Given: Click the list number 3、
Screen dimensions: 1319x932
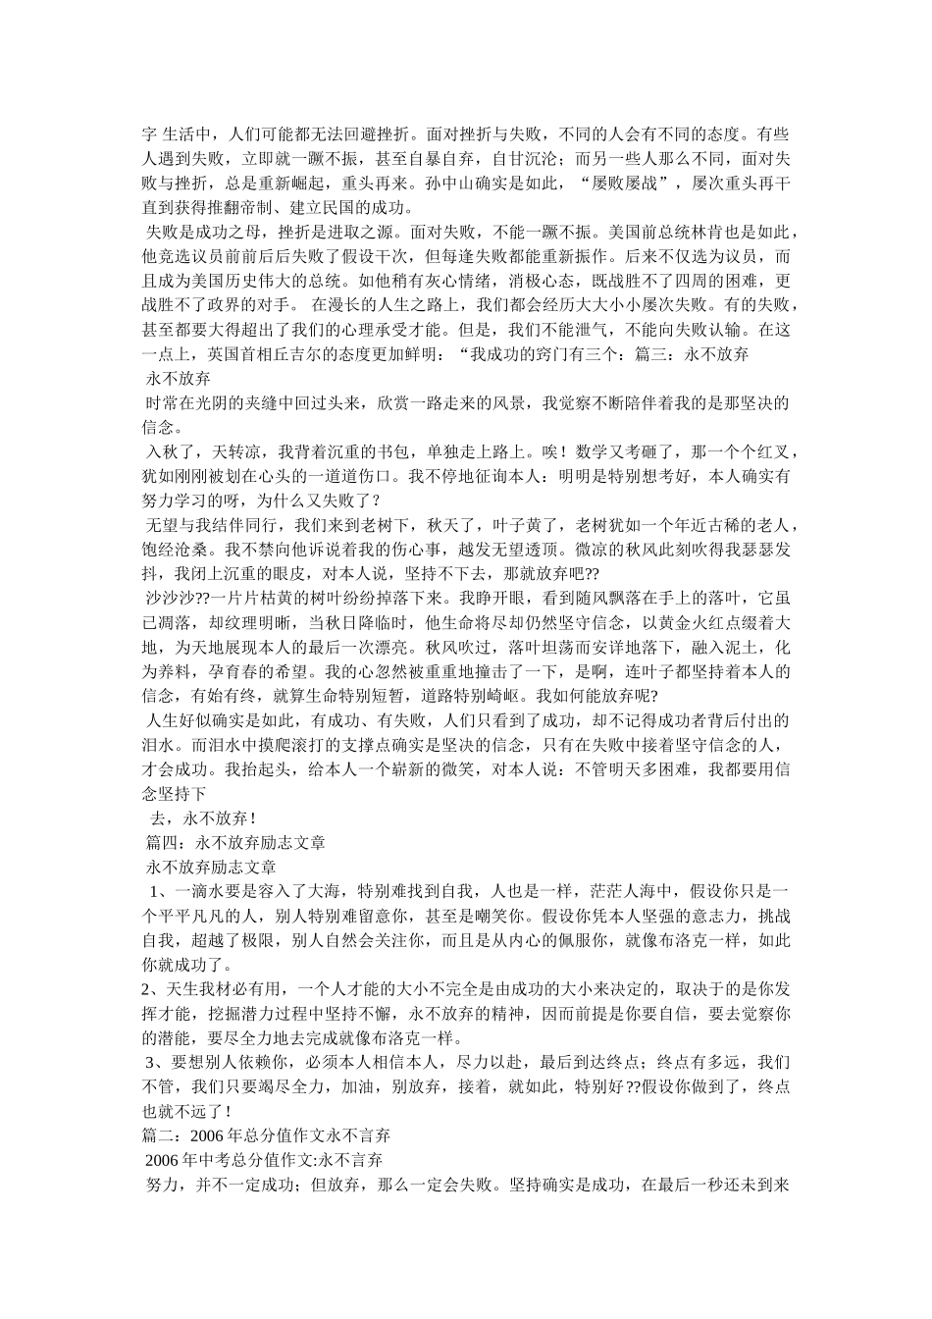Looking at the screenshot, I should [x=157, y=1062].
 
